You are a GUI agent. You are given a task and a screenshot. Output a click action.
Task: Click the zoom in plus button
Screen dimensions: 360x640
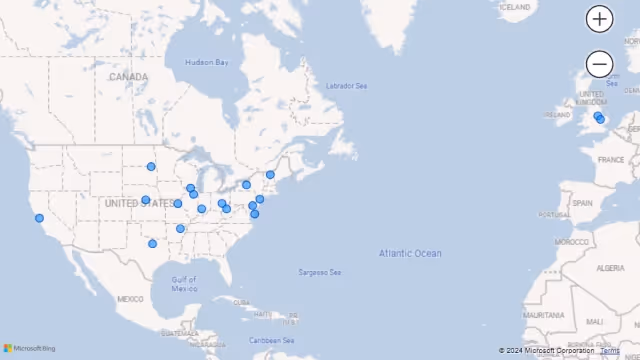599,18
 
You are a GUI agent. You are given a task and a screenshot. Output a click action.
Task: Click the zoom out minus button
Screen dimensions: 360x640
599,64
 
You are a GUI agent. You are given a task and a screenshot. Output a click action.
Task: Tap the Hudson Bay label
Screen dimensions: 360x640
207,63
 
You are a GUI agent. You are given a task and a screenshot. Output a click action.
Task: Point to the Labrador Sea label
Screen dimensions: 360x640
346,86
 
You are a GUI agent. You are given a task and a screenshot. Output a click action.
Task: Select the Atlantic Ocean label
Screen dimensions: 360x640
410,254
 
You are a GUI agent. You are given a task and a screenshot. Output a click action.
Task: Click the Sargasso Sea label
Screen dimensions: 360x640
320,272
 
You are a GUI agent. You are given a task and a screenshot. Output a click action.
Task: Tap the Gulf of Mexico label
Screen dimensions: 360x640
184,284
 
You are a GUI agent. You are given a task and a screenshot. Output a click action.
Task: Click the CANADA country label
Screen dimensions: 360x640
128,77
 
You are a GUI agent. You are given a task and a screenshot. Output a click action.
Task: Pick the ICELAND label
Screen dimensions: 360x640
515,7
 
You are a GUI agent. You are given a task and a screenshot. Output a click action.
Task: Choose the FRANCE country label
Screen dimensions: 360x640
611,159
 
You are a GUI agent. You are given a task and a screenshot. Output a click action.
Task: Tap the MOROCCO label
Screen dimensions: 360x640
572,243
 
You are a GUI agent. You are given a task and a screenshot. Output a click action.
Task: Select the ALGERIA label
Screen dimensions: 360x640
610,268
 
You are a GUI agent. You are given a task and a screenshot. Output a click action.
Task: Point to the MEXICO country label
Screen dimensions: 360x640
130,299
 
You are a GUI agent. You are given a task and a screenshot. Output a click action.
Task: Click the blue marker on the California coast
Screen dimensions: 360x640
40,218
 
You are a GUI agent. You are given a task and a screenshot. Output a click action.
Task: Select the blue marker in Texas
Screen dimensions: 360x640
153,244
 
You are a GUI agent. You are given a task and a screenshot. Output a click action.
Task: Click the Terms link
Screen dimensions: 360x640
610,350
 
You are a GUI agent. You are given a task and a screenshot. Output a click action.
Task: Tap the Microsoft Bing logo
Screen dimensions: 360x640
30,349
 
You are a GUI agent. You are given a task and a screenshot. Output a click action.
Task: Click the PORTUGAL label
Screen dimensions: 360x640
553,214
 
